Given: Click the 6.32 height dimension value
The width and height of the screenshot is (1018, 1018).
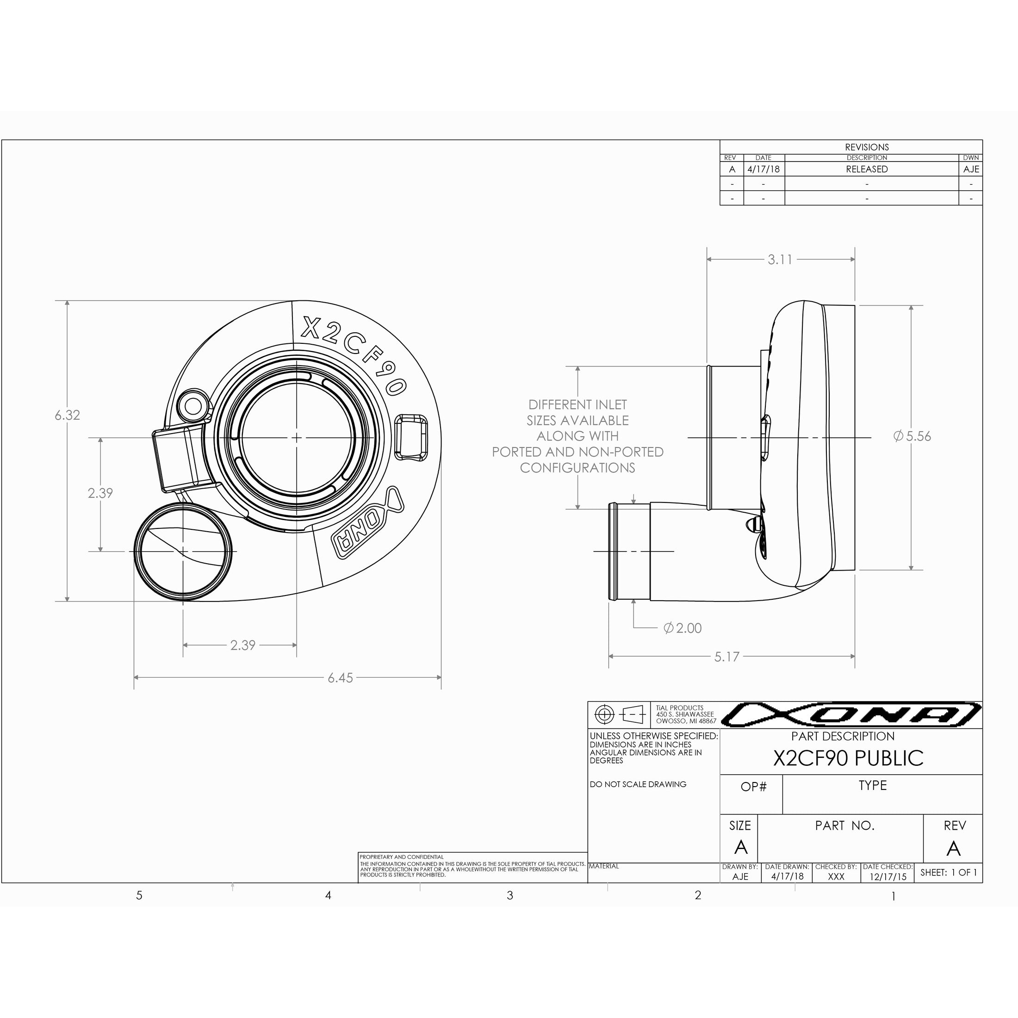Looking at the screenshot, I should (68, 415).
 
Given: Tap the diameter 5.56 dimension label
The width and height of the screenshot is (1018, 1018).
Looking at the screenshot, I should (912, 436).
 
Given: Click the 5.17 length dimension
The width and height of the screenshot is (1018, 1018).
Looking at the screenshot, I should (726, 657).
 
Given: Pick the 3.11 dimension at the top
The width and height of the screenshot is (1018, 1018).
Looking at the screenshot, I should (779, 260).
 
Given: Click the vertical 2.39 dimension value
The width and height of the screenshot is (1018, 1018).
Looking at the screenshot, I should (100, 493).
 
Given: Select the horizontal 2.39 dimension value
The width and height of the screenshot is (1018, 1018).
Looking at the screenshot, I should (242, 645).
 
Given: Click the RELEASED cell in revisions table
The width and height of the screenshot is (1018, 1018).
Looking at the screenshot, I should (866, 169).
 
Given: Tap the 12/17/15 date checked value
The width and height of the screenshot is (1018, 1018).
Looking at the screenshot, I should (888, 877).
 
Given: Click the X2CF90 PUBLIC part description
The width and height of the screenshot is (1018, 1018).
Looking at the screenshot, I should (848, 758).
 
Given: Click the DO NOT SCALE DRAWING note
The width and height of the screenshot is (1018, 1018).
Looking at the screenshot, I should (638, 785).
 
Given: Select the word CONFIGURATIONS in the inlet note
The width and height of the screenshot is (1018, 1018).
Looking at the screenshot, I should (577, 468).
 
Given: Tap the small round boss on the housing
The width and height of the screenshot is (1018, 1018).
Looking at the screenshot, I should (192, 406).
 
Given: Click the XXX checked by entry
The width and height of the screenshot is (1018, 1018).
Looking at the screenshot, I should (836, 877).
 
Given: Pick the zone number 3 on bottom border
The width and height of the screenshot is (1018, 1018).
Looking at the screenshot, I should (509, 895).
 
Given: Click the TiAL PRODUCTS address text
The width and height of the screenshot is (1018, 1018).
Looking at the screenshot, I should (685, 714).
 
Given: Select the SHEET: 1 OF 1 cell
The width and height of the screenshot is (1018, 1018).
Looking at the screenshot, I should (949, 873).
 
